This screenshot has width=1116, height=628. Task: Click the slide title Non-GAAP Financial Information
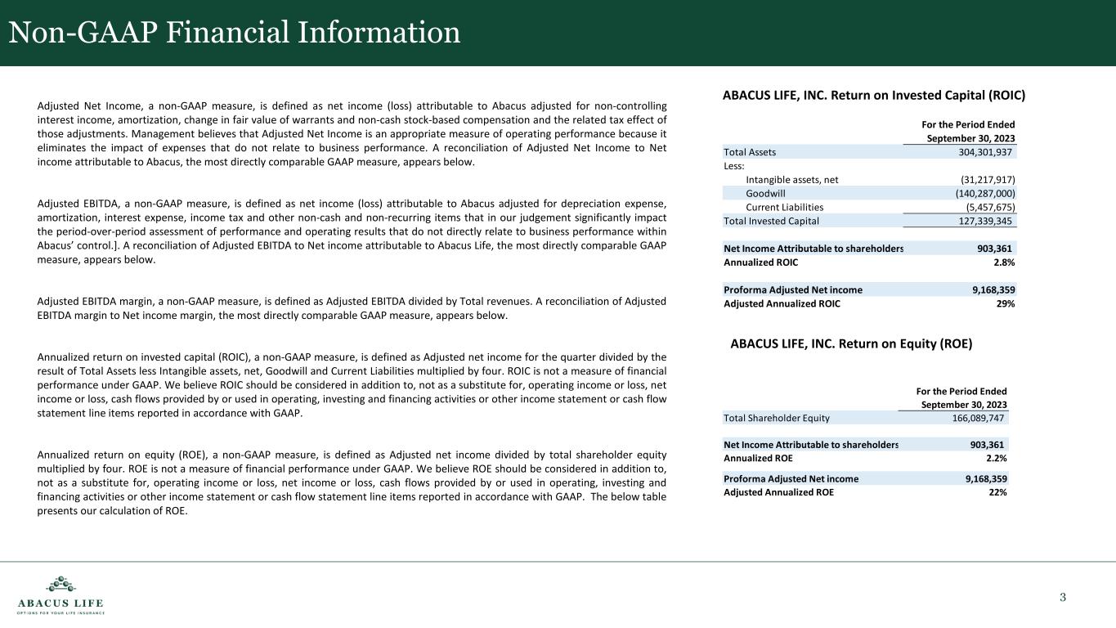[235, 32]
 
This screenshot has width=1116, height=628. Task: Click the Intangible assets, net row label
[792, 180]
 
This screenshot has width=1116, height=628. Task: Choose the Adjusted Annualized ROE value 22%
[997, 492]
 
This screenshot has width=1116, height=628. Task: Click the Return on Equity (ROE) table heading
[851, 344]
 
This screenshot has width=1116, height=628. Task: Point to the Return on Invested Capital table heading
[874, 95]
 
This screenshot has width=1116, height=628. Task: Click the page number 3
[1063, 597]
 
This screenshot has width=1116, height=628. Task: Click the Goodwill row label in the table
[765, 194]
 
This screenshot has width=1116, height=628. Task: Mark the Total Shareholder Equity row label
[777, 418]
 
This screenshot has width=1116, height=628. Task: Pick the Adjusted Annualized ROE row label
[779, 492]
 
